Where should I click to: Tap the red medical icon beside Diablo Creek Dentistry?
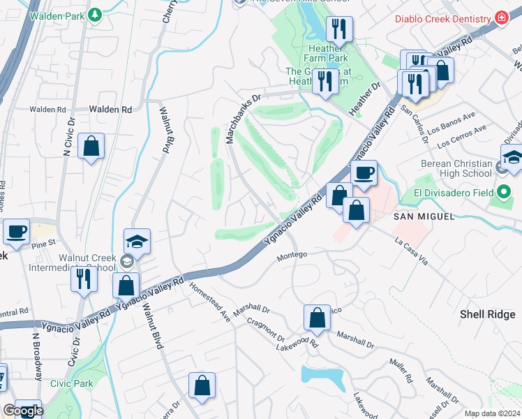pos(500,17)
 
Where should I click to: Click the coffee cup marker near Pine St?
pos(16,230)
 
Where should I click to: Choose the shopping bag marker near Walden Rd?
pos(91,146)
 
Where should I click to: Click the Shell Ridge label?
pos(487,314)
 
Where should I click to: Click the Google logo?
pos(23,411)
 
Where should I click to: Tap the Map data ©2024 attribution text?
pos(492,413)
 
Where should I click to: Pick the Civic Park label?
pos(71,383)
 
